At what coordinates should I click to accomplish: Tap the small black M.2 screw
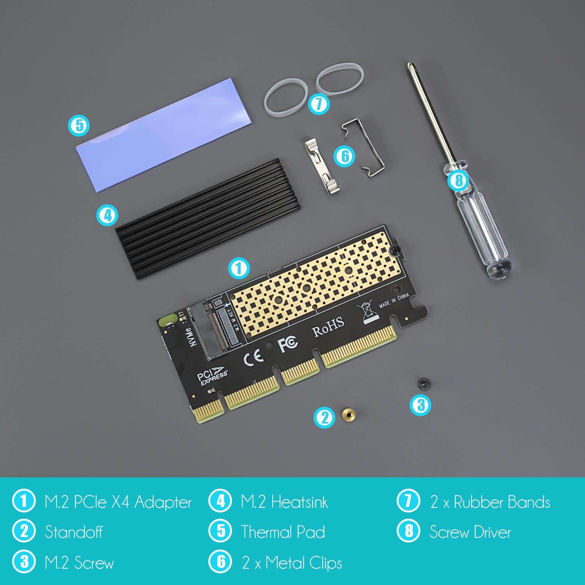click(422, 383)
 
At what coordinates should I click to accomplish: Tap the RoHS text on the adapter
click(328, 326)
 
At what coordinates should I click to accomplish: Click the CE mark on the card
click(253, 356)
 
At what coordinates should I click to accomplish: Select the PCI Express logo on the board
click(212, 376)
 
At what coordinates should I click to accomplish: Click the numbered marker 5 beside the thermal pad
click(79, 125)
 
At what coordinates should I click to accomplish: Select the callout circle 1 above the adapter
click(239, 268)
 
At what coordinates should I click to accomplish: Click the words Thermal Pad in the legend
click(283, 532)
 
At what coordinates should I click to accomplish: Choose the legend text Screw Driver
click(470, 532)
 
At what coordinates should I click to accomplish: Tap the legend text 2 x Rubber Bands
click(490, 502)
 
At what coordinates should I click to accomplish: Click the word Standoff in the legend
click(74, 532)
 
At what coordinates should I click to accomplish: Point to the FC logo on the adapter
click(287, 343)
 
